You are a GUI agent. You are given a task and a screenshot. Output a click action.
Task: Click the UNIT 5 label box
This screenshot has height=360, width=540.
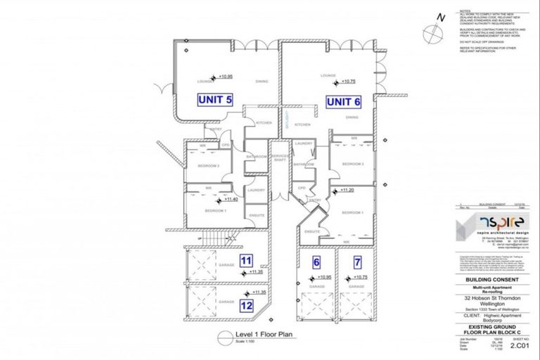(x=214, y=100)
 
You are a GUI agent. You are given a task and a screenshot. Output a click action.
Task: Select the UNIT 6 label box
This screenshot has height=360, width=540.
(x=344, y=102)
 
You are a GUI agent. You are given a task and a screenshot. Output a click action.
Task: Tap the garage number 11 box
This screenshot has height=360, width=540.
(x=246, y=261)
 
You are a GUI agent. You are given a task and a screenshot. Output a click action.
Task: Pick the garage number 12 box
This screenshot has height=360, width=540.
(x=246, y=306)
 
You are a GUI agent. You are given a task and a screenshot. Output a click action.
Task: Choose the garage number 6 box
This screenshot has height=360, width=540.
(x=316, y=262)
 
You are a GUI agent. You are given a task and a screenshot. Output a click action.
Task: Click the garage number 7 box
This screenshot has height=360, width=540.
(x=358, y=262)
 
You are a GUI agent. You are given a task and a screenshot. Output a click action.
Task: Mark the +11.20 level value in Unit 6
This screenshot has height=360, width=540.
(x=347, y=190)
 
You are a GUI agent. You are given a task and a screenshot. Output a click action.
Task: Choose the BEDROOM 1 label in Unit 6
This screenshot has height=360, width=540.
(x=352, y=212)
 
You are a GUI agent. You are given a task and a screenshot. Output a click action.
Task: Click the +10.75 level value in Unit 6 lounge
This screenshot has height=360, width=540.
(x=349, y=82)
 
